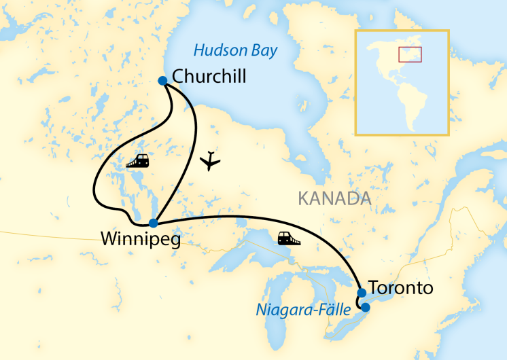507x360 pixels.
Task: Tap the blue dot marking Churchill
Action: click(x=162, y=81)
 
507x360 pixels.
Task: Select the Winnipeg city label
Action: click(x=140, y=239)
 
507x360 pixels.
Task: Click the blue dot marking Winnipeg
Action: click(x=154, y=223)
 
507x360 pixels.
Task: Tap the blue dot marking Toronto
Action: click(x=362, y=293)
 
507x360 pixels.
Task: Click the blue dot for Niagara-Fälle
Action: click(x=365, y=308)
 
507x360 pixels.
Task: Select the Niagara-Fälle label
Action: click(x=303, y=310)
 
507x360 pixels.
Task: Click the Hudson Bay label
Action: click(x=236, y=50)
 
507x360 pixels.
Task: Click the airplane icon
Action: click(x=211, y=162)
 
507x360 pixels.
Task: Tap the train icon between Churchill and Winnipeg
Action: click(x=138, y=161)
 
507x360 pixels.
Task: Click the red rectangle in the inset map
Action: click(x=410, y=54)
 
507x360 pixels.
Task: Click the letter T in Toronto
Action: click(x=373, y=288)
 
